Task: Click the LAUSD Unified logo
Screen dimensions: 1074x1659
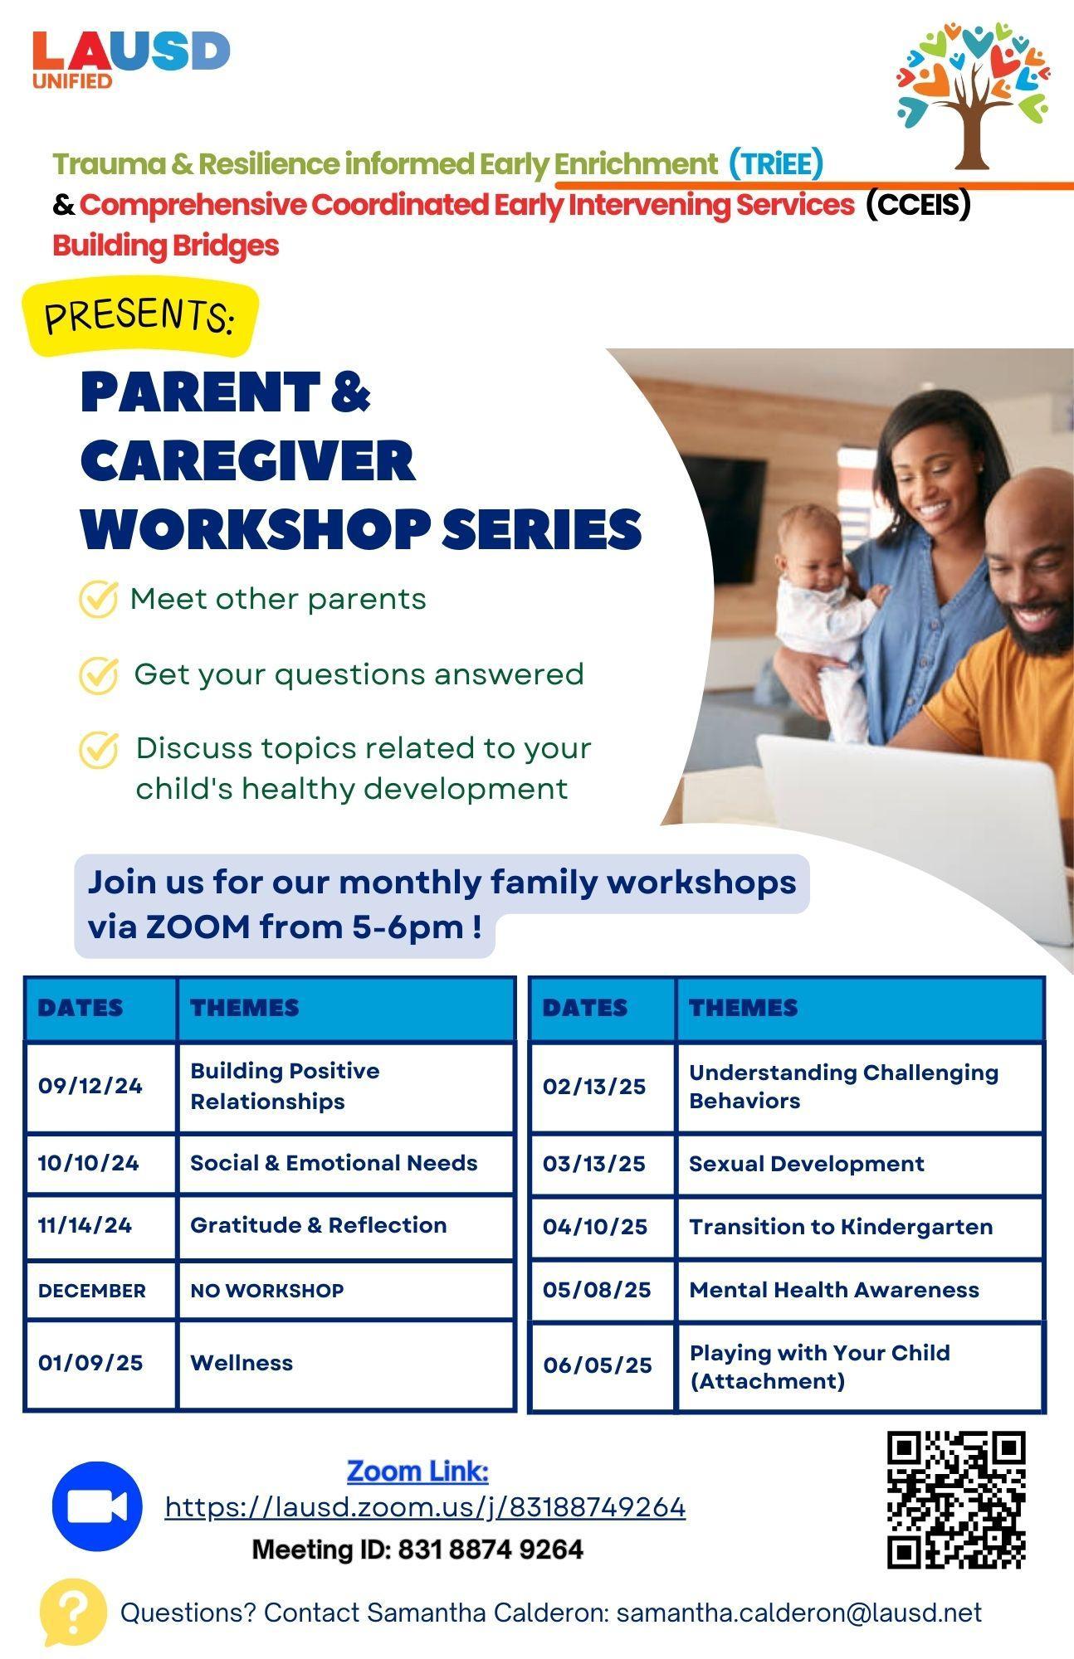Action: pos(131,59)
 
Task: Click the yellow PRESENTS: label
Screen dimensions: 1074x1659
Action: pos(140,316)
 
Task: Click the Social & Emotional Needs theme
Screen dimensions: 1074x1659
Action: pos(334,1162)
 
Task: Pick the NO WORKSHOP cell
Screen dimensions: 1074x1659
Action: pos(266,1290)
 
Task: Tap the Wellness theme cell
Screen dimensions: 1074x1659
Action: pos(242,1362)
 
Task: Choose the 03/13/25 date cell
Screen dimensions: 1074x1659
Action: pos(594,1163)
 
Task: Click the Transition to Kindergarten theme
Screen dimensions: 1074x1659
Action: pos(841,1226)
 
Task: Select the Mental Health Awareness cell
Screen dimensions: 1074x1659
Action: pos(834,1289)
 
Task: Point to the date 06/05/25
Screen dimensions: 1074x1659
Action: pos(598,1365)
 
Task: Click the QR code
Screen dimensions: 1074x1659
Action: pos(956,1500)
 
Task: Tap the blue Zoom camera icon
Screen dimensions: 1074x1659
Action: pos(97,1506)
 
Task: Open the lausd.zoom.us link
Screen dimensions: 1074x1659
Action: pos(426,1506)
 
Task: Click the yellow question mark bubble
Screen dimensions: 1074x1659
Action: pos(72,1613)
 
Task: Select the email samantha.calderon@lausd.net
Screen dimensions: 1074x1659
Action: pos(799,1613)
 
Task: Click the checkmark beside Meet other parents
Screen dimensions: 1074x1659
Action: pos(98,599)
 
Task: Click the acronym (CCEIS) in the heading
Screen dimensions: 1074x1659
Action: pos(918,204)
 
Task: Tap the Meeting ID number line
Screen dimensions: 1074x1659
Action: pos(417,1550)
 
